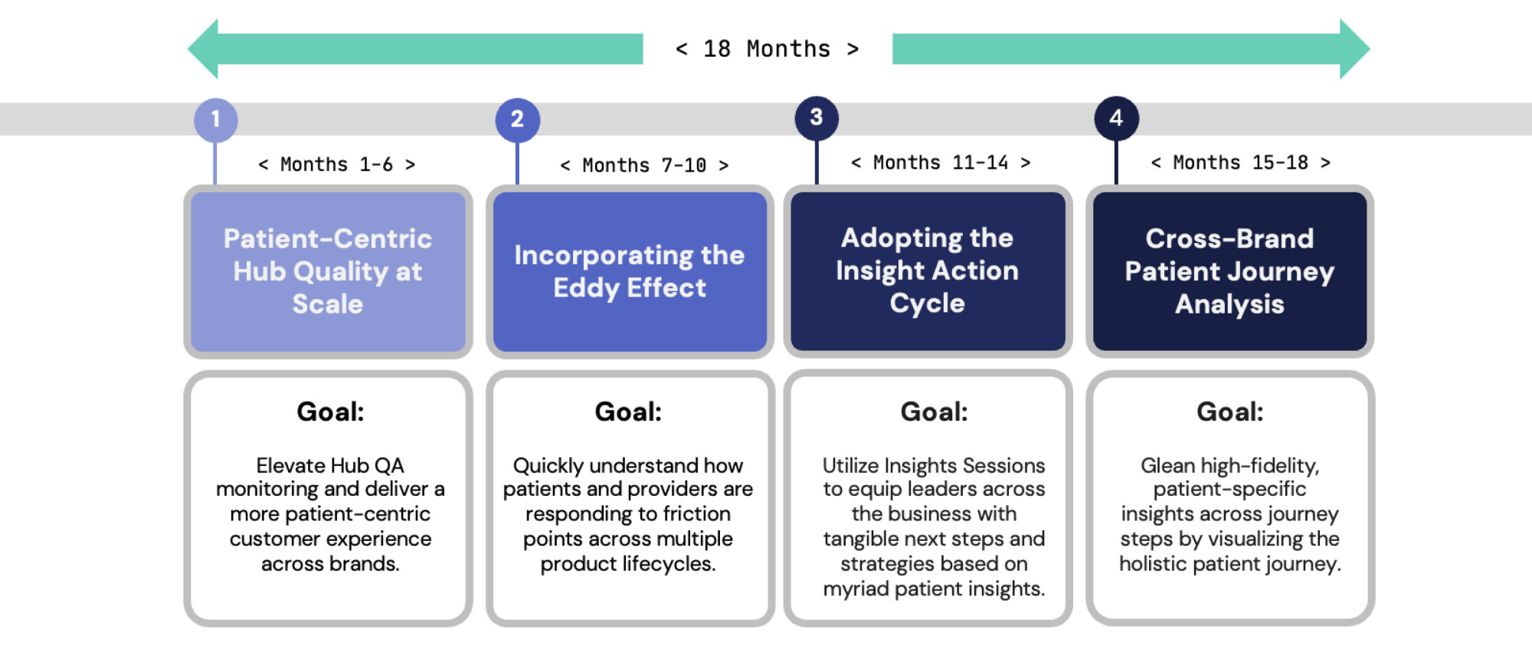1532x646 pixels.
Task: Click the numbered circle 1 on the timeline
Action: [215, 120]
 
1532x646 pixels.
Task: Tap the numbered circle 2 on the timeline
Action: [517, 120]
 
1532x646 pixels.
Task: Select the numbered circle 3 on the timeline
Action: [817, 118]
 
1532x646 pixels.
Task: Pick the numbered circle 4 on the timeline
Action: [1116, 118]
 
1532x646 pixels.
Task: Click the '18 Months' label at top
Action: [767, 49]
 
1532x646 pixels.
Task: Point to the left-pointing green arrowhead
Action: [205, 49]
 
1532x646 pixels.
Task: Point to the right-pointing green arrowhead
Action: [1354, 49]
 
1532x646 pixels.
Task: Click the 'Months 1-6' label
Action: [337, 165]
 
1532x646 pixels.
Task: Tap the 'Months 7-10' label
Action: [644, 166]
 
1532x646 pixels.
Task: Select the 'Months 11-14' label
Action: [941, 162]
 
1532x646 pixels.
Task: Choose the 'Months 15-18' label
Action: [1240, 162]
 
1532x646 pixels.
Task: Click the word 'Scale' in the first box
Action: [328, 304]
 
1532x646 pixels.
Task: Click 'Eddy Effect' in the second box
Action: [630, 288]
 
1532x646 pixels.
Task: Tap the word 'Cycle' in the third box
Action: [927, 303]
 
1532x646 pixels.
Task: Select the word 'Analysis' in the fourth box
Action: [1229, 305]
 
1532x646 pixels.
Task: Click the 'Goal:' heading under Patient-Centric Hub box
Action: [330, 412]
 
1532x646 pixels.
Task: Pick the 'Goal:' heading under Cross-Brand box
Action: [1229, 412]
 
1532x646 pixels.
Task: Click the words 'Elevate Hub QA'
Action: [330, 465]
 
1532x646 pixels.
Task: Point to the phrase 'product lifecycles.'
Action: [627, 564]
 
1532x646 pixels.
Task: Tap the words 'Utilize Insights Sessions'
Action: [933, 465]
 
